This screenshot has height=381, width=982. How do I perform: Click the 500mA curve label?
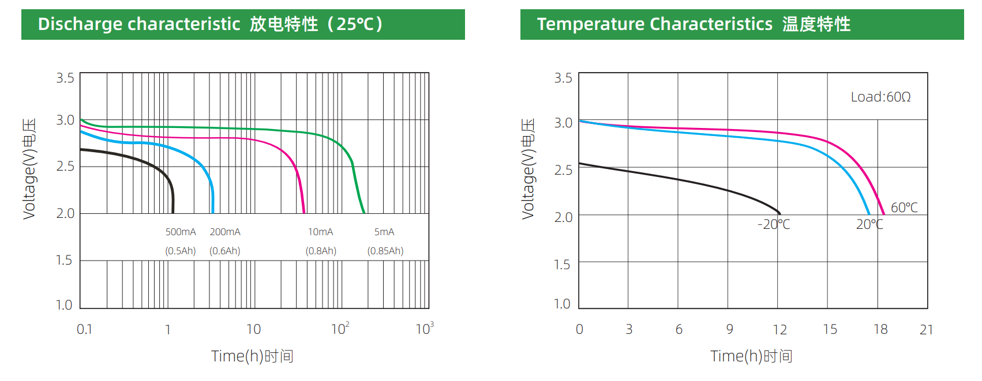pyautogui.click(x=181, y=232)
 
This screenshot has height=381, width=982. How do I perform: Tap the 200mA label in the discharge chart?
pyautogui.click(x=225, y=232)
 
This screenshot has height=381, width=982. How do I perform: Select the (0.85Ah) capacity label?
pyautogui.click(x=385, y=251)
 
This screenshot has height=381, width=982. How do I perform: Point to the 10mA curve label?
pyautogui.click(x=320, y=232)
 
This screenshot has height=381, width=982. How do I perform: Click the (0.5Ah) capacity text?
pyautogui.click(x=181, y=251)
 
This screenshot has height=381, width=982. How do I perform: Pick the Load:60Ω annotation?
pyautogui.click(x=880, y=97)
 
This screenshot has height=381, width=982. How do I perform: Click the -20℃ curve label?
pyautogui.click(x=774, y=224)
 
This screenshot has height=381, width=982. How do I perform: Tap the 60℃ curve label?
pyautogui.click(x=904, y=208)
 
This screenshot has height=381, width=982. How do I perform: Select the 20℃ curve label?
pyautogui.click(x=869, y=224)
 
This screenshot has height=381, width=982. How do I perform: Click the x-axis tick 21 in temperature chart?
pyautogui.click(x=927, y=329)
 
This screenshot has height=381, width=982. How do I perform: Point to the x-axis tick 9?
pyautogui.click(x=730, y=329)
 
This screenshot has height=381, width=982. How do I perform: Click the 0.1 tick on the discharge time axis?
pyautogui.click(x=84, y=329)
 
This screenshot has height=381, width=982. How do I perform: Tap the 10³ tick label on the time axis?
pyautogui.click(x=425, y=329)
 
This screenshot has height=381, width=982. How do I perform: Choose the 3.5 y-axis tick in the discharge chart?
pyautogui.click(x=65, y=78)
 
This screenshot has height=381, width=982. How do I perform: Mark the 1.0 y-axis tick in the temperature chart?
pyautogui.click(x=562, y=304)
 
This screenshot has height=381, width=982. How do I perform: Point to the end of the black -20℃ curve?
pyautogui.click(x=779, y=213)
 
